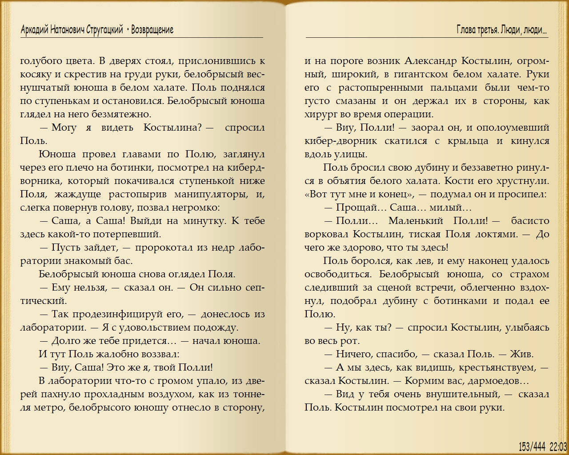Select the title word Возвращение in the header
[152, 30]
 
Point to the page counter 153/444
[532, 446]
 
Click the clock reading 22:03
[558, 446]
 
